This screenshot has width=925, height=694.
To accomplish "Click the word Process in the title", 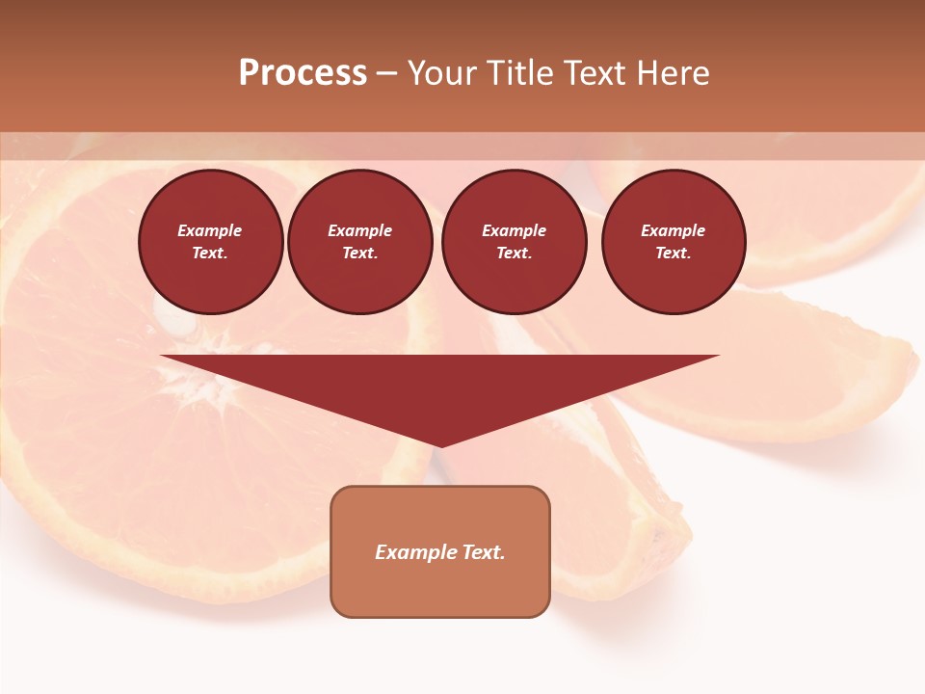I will point(303,73).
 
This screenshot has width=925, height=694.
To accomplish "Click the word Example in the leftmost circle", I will point(210,230).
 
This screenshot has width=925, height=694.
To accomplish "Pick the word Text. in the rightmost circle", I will point(674,253).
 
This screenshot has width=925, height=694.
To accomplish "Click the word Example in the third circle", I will point(515,230).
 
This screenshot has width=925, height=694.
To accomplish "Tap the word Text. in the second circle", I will point(360,253).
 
